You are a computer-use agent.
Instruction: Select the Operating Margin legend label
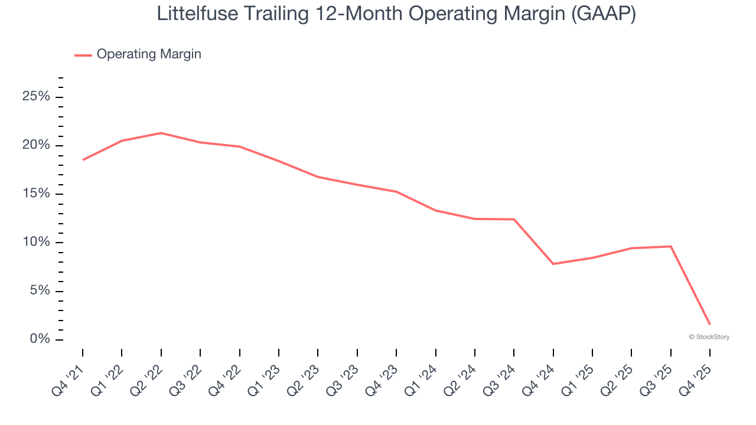[x=149, y=54]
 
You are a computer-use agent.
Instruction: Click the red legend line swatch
[x=83, y=55]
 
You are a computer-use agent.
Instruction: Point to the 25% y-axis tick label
[x=36, y=97]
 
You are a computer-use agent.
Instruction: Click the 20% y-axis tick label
[x=36, y=146]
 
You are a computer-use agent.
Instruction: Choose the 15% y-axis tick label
[x=36, y=194]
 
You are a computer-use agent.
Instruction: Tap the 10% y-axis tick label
[x=36, y=243]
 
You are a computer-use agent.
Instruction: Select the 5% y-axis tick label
[x=39, y=291]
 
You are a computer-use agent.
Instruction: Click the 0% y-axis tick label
[x=39, y=339]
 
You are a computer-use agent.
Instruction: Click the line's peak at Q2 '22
[x=161, y=133]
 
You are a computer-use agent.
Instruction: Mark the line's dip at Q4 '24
[x=553, y=264]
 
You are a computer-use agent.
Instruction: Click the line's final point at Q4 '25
[x=710, y=324]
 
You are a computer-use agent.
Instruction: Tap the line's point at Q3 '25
[x=671, y=246]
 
